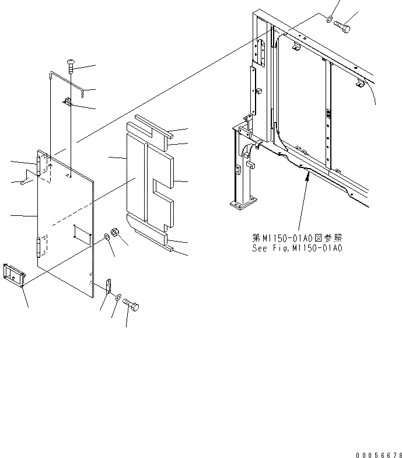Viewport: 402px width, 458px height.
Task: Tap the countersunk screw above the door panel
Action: click(x=71, y=66)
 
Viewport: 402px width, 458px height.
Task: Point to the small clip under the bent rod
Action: click(x=68, y=103)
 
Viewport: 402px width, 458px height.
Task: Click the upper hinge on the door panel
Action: click(x=40, y=165)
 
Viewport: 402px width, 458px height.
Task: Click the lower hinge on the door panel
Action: click(x=40, y=246)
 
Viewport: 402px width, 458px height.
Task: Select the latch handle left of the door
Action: click(x=14, y=275)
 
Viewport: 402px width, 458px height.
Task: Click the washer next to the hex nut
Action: click(x=107, y=237)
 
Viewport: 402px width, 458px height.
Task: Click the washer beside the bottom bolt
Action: click(x=118, y=298)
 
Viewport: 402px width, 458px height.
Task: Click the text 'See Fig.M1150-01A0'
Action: click(x=298, y=248)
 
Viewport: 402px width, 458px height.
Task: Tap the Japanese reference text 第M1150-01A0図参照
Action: click(x=298, y=238)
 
